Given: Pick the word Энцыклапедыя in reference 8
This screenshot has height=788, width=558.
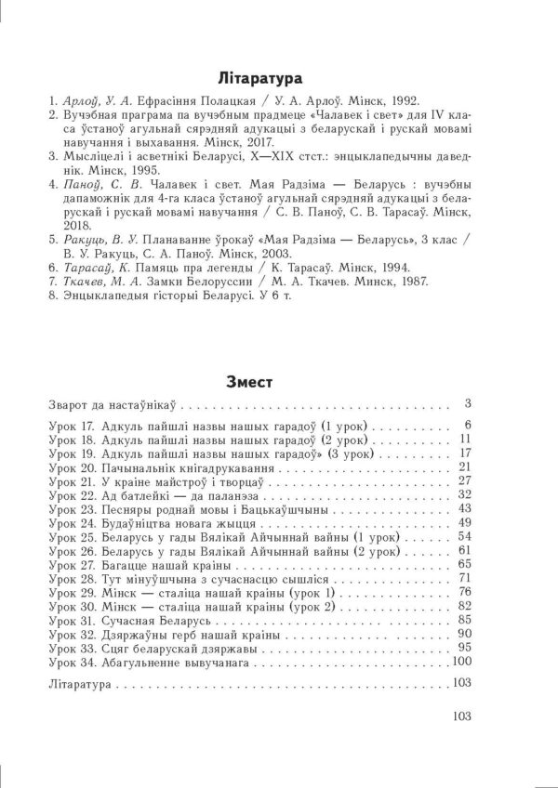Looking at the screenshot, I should (105, 296).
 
